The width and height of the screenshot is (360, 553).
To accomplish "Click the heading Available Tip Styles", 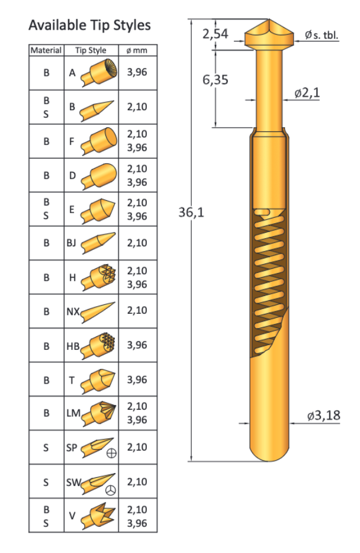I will [89, 25].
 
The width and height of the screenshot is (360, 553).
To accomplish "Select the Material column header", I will [46, 50].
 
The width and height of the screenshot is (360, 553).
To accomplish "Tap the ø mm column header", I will [137, 50].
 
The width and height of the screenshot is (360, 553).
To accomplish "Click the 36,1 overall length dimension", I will [191, 213].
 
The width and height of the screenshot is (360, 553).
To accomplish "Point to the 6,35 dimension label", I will [215, 79].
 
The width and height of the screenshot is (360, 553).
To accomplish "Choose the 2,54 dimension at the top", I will [215, 34].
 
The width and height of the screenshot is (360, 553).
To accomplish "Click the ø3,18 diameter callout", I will [323, 415].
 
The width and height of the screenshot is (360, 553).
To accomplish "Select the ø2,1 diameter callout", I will [307, 93].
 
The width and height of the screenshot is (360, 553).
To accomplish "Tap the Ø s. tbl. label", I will [322, 35].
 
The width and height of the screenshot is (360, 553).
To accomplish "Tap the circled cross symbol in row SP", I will [111, 454].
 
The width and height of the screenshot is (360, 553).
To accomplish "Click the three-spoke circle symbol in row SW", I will [111, 489].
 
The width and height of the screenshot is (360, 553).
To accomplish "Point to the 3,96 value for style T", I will [137, 379].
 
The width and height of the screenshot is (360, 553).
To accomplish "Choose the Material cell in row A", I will [46, 73].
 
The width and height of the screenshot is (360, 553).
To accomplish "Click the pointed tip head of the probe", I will [269, 33].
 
